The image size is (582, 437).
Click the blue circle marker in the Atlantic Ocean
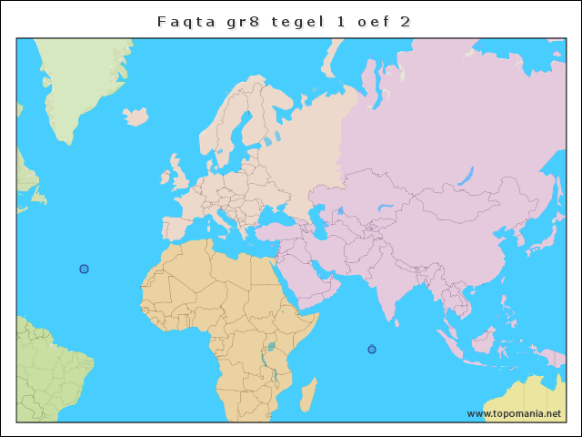click(84, 269)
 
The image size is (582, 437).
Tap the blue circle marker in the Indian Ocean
click(371, 350)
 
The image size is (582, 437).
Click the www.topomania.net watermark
click(514, 413)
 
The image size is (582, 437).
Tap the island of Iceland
click(135, 117)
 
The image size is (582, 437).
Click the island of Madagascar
click(309, 395)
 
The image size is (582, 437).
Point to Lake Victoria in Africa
click(271, 347)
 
